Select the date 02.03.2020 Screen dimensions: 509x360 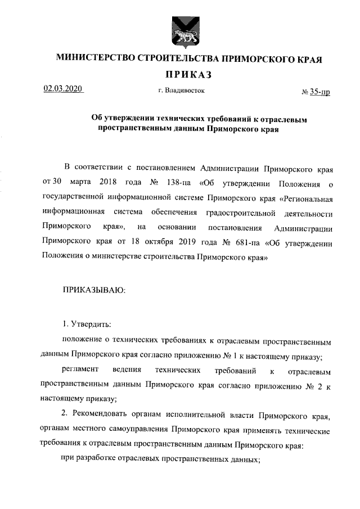[x=63, y=89]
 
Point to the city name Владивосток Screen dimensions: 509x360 [x=186, y=90]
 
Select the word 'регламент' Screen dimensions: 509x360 [x=80, y=372]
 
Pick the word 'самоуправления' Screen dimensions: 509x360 [x=141, y=431]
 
